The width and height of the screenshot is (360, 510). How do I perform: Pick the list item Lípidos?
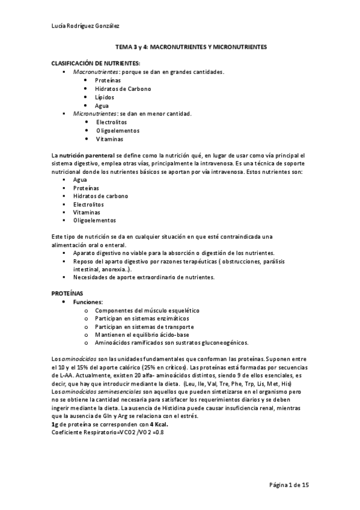click(x=105, y=97)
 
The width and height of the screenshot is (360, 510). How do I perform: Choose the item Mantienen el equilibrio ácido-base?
click(x=142, y=334)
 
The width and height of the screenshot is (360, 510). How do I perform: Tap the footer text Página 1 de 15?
click(x=288, y=485)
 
